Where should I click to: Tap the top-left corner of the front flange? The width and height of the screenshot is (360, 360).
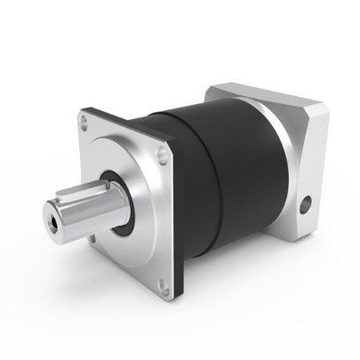click(81, 111)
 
